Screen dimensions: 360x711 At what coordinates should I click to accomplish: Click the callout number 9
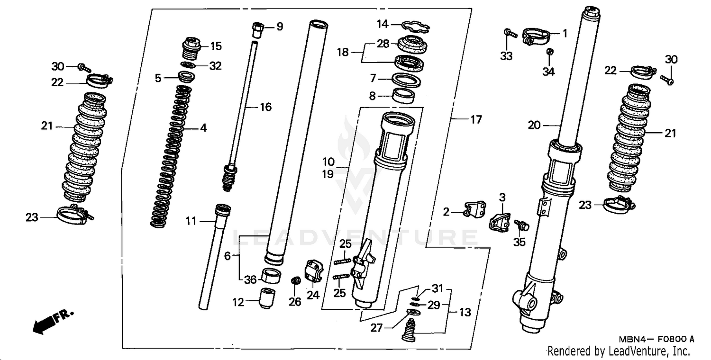(x=280, y=27)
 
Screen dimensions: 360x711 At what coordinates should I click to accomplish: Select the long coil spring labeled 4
(x=172, y=156)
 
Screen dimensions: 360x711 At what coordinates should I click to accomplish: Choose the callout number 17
(x=476, y=120)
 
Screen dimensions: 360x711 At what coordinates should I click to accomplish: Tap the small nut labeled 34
(x=548, y=52)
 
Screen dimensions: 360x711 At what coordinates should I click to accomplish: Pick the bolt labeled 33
(x=509, y=33)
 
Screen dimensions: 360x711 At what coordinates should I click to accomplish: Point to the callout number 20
(x=534, y=126)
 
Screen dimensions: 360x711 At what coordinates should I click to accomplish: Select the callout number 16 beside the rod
(x=265, y=108)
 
